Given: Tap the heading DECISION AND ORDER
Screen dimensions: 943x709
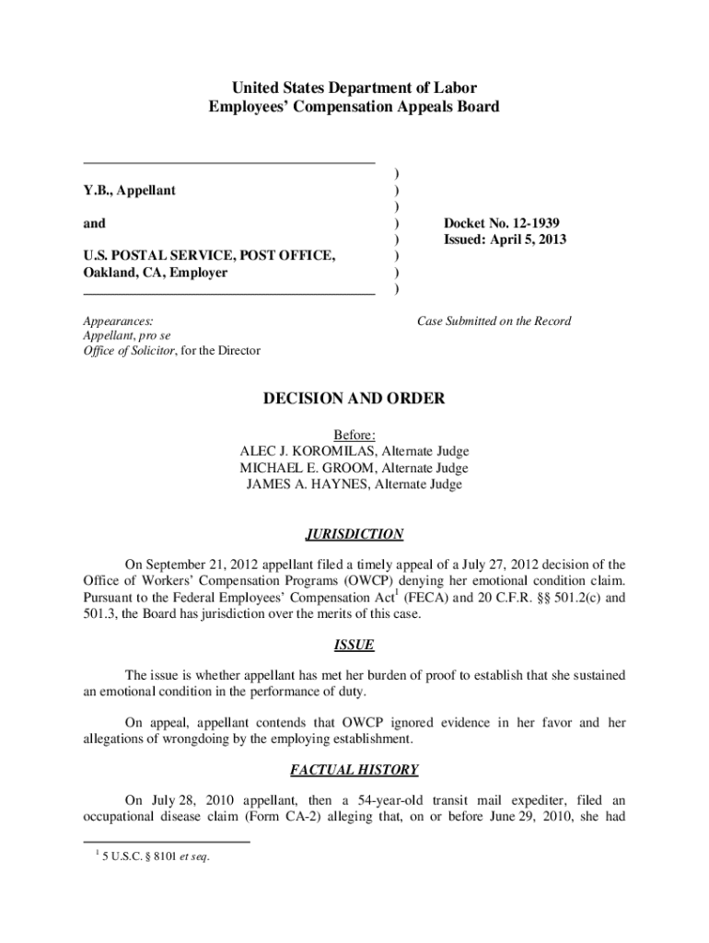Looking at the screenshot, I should tap(354, 399).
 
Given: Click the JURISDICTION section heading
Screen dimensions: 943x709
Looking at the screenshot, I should tap(354, 534).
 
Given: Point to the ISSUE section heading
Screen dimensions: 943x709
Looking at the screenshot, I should tap(354, 646).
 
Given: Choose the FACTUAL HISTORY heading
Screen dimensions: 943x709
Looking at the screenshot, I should tap(354, 769).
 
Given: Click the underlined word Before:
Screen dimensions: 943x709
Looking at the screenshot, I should tap(354, 435).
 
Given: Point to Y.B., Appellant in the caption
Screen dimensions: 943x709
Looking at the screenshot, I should tap(130, 190).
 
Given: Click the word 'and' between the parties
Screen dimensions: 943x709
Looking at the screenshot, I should tap(94, 223).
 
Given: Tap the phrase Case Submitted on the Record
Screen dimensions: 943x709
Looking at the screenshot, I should tap(494, 321).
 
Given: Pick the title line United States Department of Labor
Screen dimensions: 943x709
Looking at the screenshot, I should tap(354, 88).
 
